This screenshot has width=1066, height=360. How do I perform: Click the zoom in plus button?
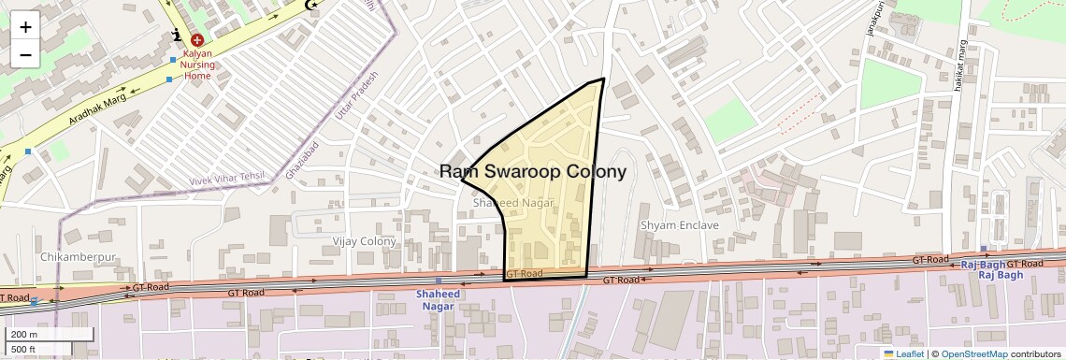pyautogui.click(x=25, y=27)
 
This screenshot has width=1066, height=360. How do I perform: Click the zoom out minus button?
pyautogui.click(x=25, y=54)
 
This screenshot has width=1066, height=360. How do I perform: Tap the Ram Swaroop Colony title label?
pyautogui.click(x=533, y=172)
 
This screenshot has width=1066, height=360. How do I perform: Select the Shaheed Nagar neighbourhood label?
pyautogui.click(x=508, y=202)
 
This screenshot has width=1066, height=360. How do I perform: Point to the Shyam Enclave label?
pyautogui.click(x=680, y=225)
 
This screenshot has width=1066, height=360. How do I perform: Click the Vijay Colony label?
pyautogui.click(x=365, y=241)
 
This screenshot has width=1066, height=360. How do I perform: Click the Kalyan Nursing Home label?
pyautogui.click(x=197, y=65)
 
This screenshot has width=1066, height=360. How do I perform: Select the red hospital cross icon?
pyautogui.click(x=197, y=39)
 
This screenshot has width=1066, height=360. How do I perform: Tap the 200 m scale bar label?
pyautogui.click(x=25, y=335)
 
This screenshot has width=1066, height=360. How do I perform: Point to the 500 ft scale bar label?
pyautogui.click(x=24, y=349)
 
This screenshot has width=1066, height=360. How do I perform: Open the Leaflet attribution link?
pyautogui.click(x=903, y=353)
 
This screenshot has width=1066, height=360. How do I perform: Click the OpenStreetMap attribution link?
pyautogui.click(x=973, y=353)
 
